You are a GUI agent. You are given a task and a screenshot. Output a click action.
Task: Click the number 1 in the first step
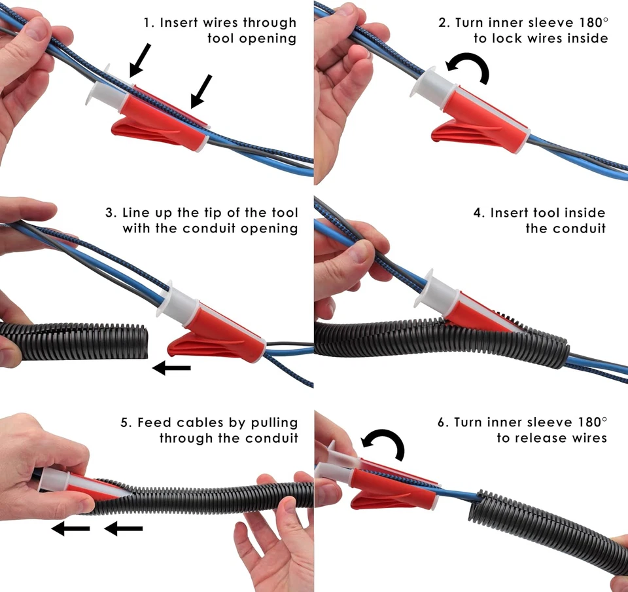(x=148, y=23)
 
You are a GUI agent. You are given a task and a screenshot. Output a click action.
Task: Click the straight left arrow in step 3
(x=171, y=369)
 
